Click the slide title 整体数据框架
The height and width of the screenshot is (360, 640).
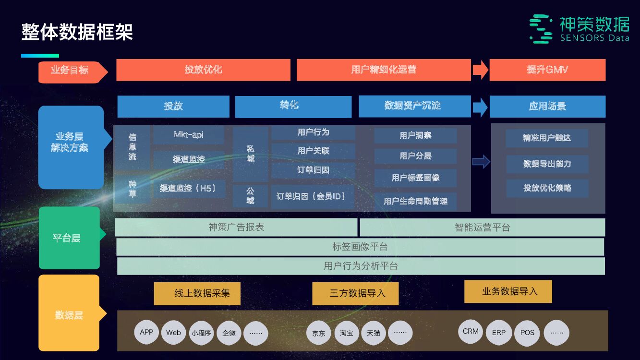click(77, 32)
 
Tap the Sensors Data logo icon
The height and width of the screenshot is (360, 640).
click(541, 29)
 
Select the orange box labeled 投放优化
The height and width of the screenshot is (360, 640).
click(203, 70)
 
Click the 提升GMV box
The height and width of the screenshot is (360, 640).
click(547, 70)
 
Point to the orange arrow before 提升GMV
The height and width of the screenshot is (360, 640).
click(480, 70)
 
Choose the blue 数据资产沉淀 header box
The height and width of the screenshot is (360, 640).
click(414, 106)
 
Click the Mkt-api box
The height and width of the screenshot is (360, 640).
click(188, 135)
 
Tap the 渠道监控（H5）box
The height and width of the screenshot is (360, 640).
click(188, 189)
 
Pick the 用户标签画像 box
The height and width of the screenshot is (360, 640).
click(415, 178)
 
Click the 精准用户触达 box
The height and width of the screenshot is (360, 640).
click(547, 138)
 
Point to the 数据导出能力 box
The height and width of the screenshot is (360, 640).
click(547, 164)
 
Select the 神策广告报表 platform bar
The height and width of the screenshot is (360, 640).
click(236, 228)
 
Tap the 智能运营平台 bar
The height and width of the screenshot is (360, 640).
click(482, 228)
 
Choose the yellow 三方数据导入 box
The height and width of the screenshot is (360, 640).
click(355, 293)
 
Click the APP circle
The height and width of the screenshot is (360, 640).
click(146, 332)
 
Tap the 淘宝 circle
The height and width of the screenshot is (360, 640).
click(346, 333)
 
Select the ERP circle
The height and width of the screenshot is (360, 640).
click(499, 333)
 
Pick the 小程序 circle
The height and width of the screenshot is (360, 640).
click(201, 333)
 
